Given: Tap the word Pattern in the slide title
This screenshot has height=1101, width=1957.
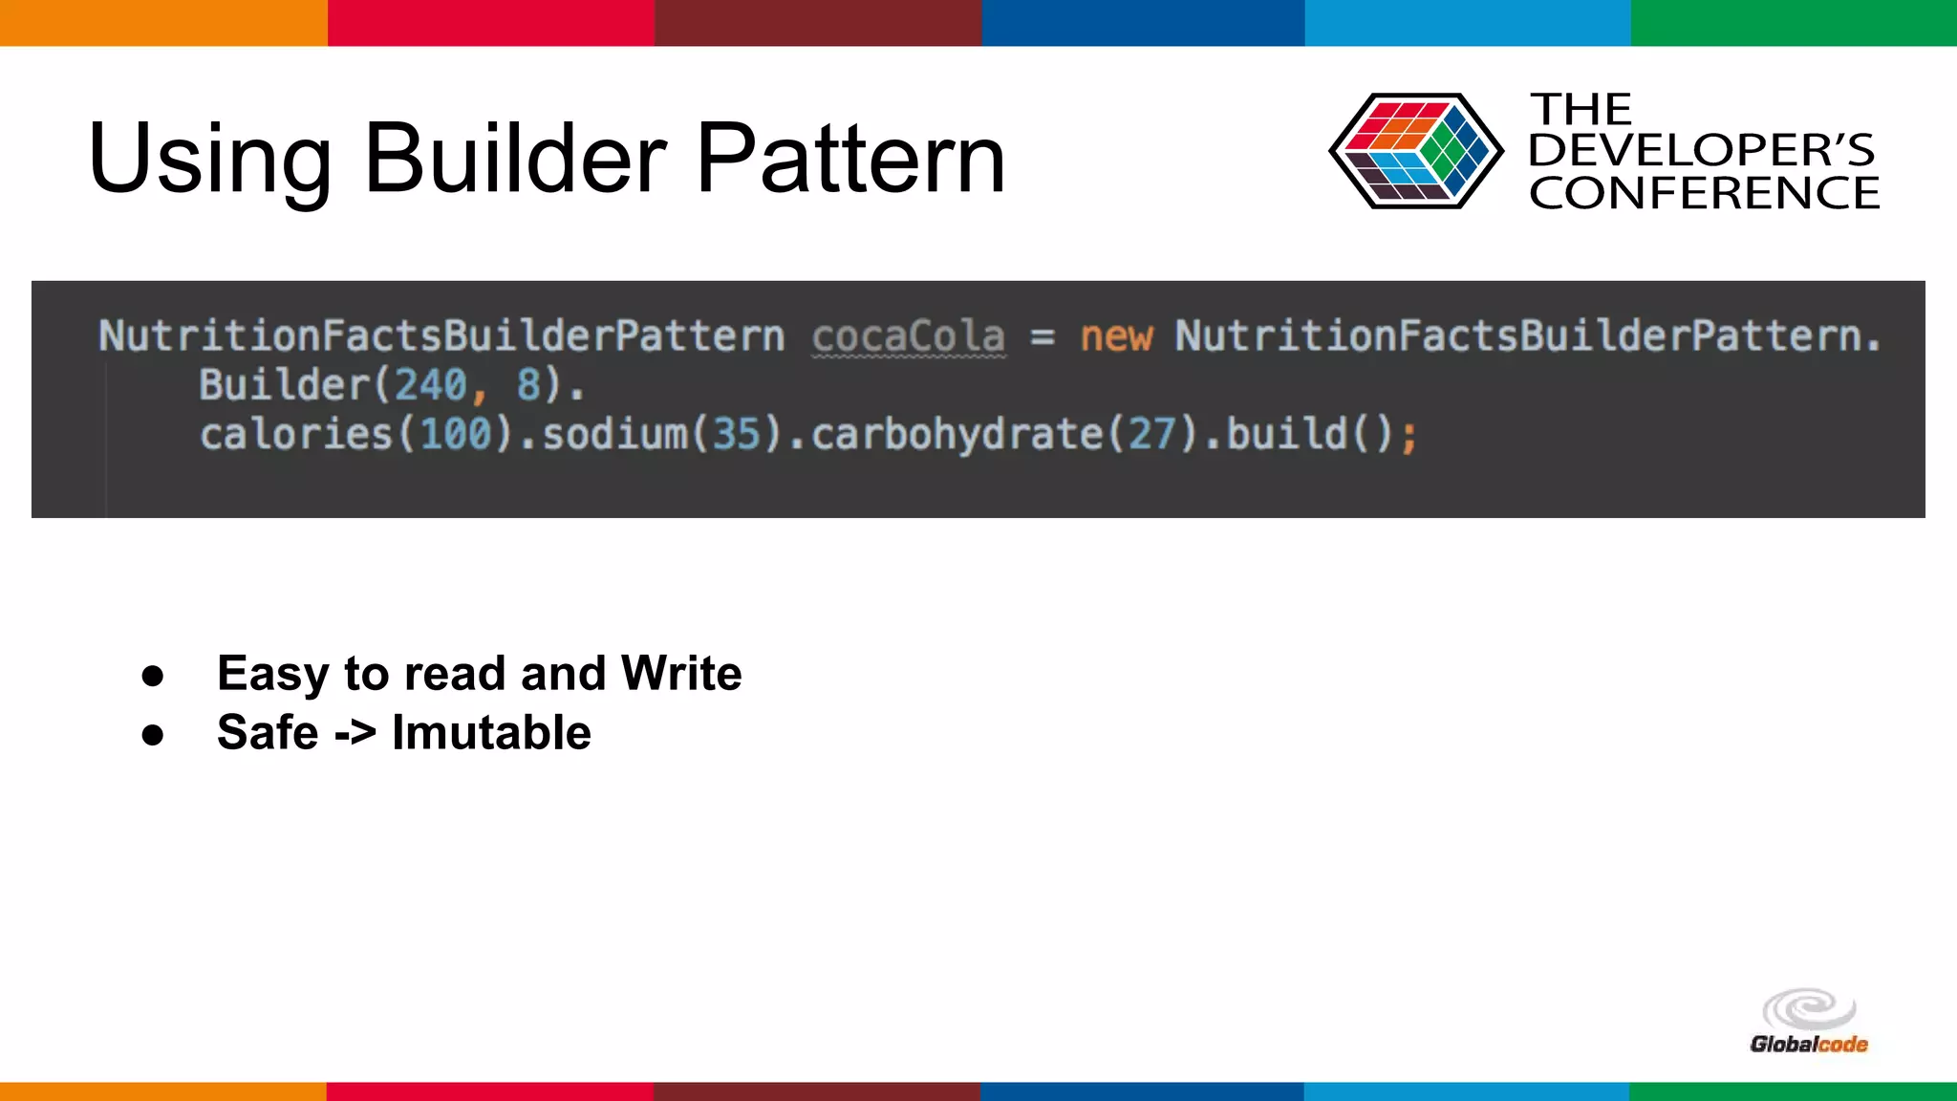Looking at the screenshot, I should [850, 159].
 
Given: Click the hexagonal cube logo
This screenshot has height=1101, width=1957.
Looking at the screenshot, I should [1415, 151].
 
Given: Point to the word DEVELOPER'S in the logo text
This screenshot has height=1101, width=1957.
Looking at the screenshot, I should [1701, 150].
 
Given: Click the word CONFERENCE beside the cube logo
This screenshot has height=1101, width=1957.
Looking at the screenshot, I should [1704, 193].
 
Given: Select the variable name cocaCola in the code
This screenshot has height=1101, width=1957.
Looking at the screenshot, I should [908, 336].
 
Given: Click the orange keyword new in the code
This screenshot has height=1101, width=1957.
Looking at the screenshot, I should [1116, 336].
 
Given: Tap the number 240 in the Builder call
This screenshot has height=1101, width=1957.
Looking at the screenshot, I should [430, 385].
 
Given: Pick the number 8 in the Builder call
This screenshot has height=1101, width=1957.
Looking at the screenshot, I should [528, 385].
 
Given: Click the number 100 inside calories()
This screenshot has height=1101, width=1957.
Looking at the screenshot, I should [456, 435].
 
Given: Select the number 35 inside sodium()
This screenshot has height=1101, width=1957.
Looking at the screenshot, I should [736, 435].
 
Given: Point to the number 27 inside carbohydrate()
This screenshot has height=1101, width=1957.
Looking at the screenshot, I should [1151, 435].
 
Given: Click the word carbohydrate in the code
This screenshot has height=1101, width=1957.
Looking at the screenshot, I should [957, 435].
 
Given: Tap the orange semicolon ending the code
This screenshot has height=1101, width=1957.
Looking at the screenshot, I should [1409, 437].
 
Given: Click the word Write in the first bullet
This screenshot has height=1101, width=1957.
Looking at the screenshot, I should [681, 673].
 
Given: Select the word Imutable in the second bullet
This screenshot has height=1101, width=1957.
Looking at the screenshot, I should [491, 733].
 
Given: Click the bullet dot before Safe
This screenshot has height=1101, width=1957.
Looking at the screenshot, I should [153, 735].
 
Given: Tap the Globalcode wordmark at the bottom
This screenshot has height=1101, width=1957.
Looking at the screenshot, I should [1808, 1044].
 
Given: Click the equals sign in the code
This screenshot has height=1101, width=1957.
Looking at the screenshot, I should [1043, 336].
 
